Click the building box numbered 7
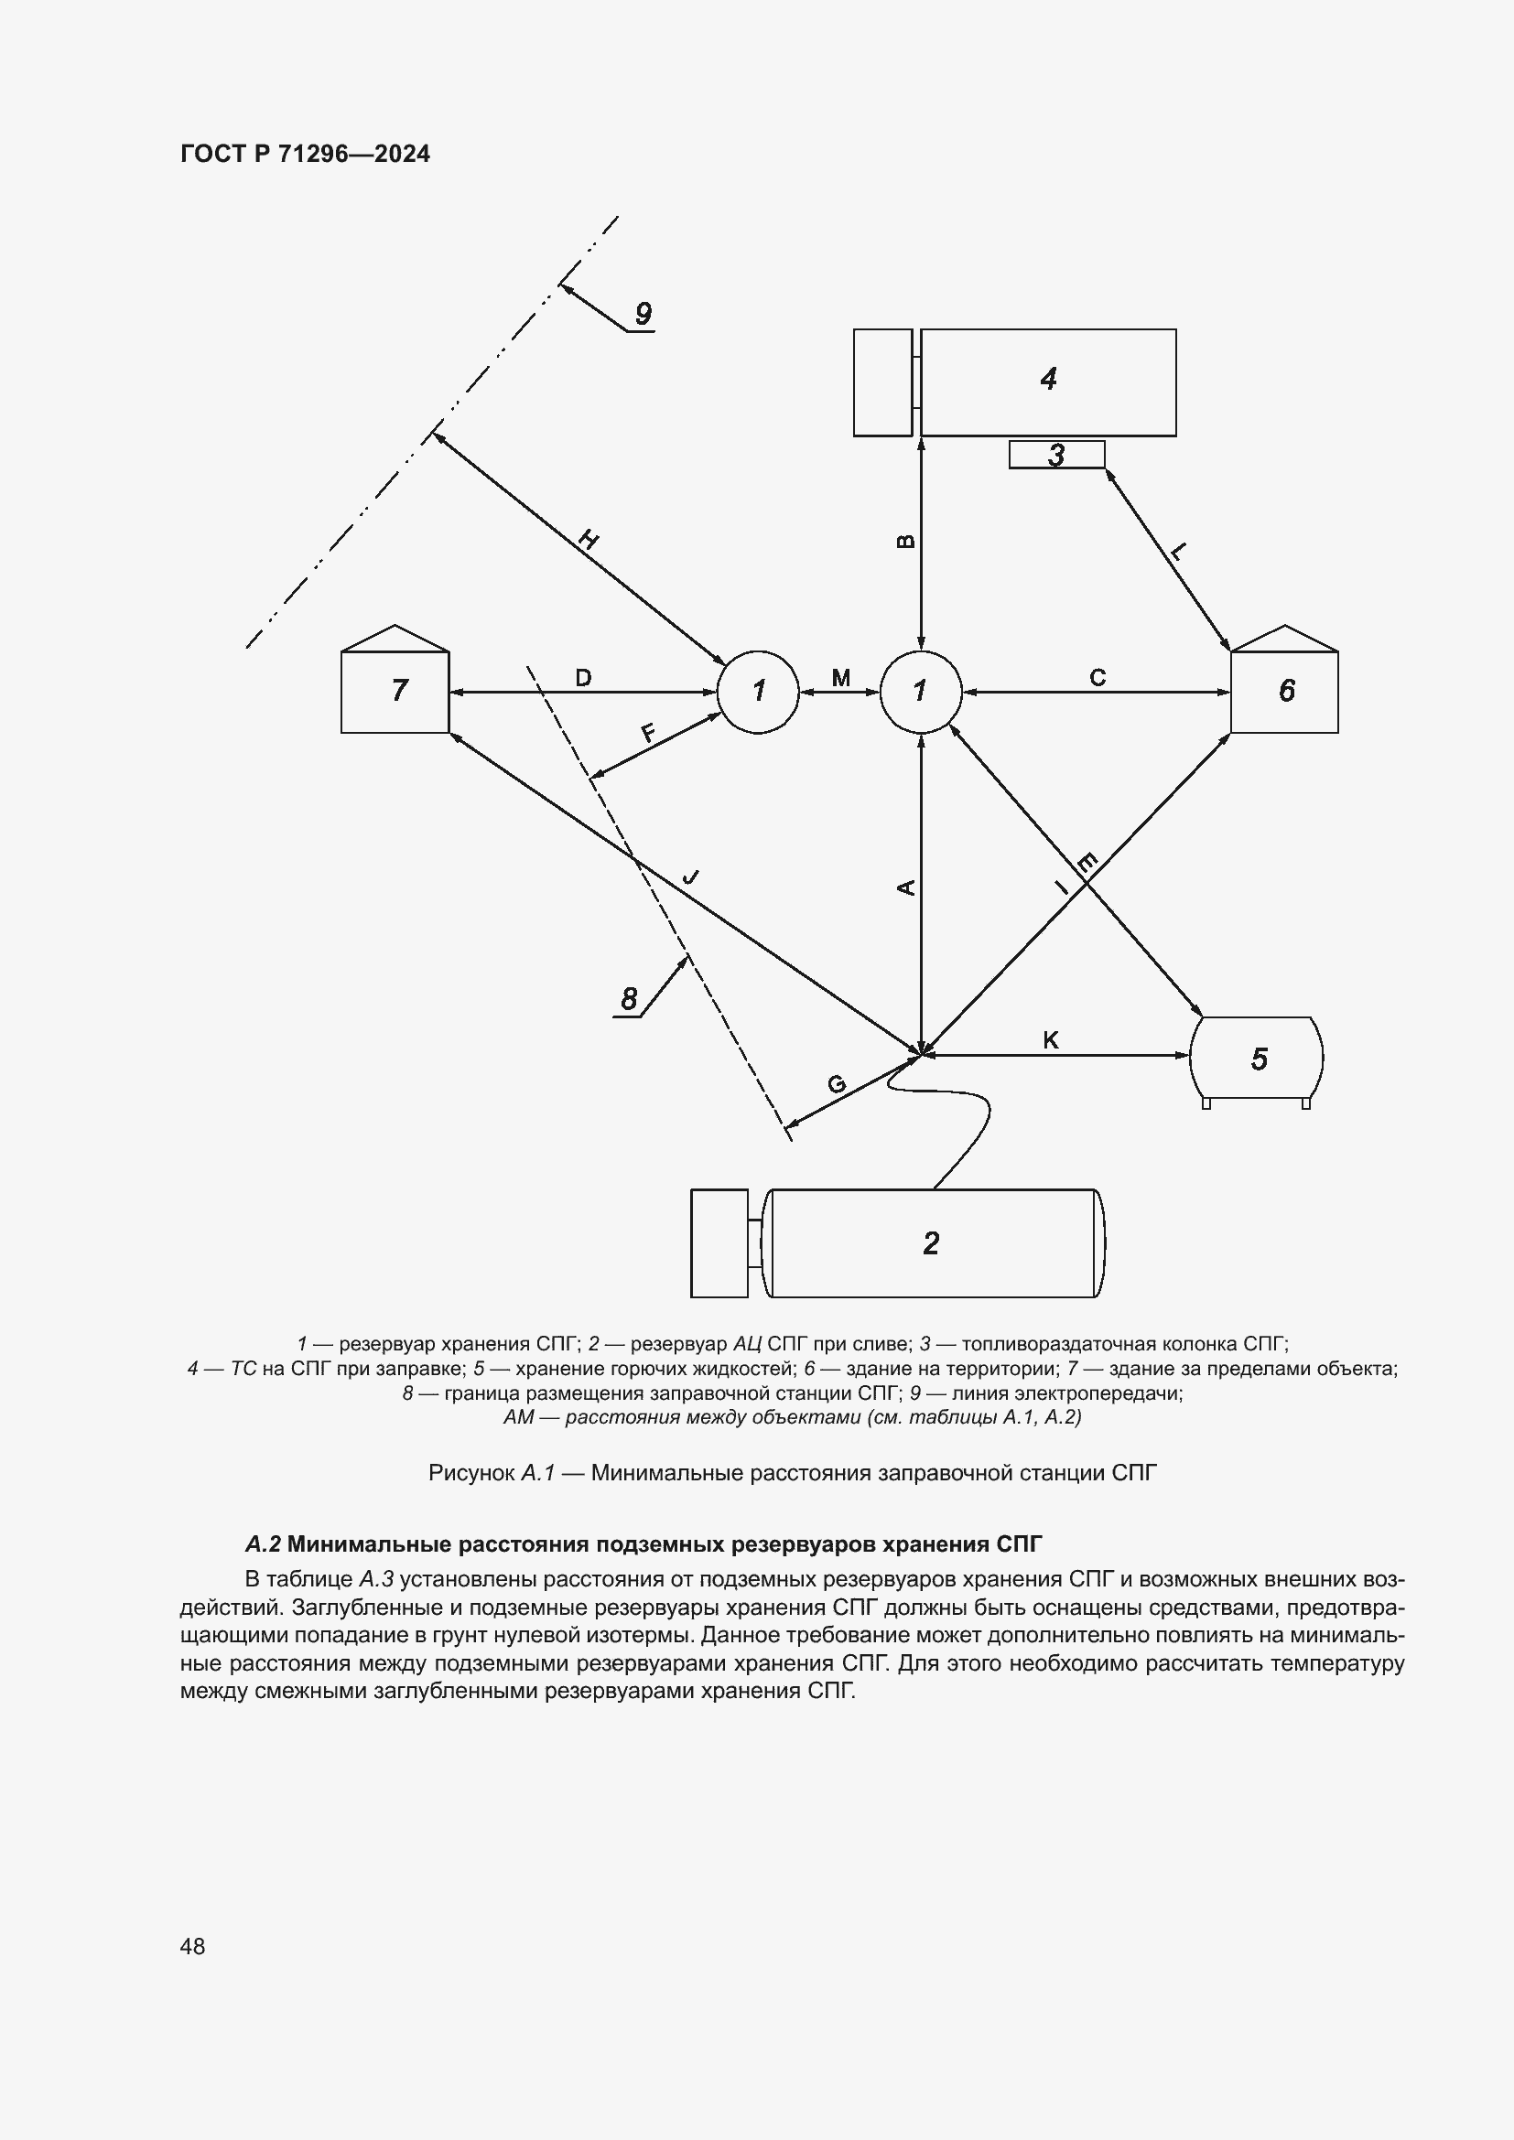(395, 691)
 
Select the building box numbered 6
(1284, 691)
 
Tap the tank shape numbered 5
(1257, 1059)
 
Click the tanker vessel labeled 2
(931, 1242)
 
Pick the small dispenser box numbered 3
(1056, 455)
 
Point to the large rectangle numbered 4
(1048, 381)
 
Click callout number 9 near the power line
(643, 314)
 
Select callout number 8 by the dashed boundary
(629, 999)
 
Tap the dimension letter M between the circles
(840, 678)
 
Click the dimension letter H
(589, 539)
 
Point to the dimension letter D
(583, 678)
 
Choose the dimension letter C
(1098, 678)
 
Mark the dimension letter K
(1051, 1040)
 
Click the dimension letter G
(837, 1084)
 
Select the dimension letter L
(1178, 552)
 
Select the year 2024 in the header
(402, 154)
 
